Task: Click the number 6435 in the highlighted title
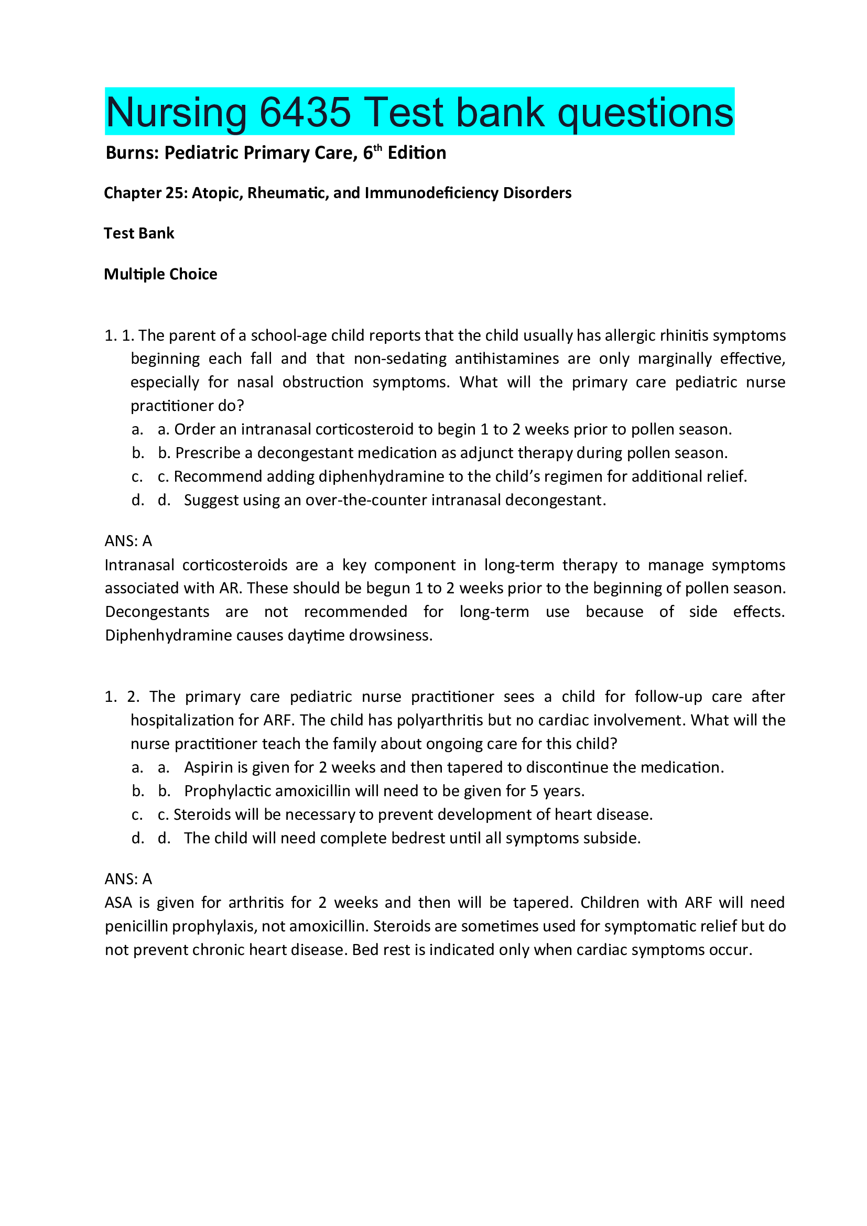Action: (x=305, y=112)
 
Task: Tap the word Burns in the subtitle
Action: (x=132, y=153)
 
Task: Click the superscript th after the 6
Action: (x=377, y=148)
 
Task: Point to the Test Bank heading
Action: (x=139, y=233)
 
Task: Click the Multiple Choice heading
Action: (x=160, y=274)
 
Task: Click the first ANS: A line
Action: (x=128, y=541)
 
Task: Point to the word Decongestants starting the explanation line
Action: (x=157, y=612)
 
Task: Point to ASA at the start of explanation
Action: (x=118, y=903)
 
